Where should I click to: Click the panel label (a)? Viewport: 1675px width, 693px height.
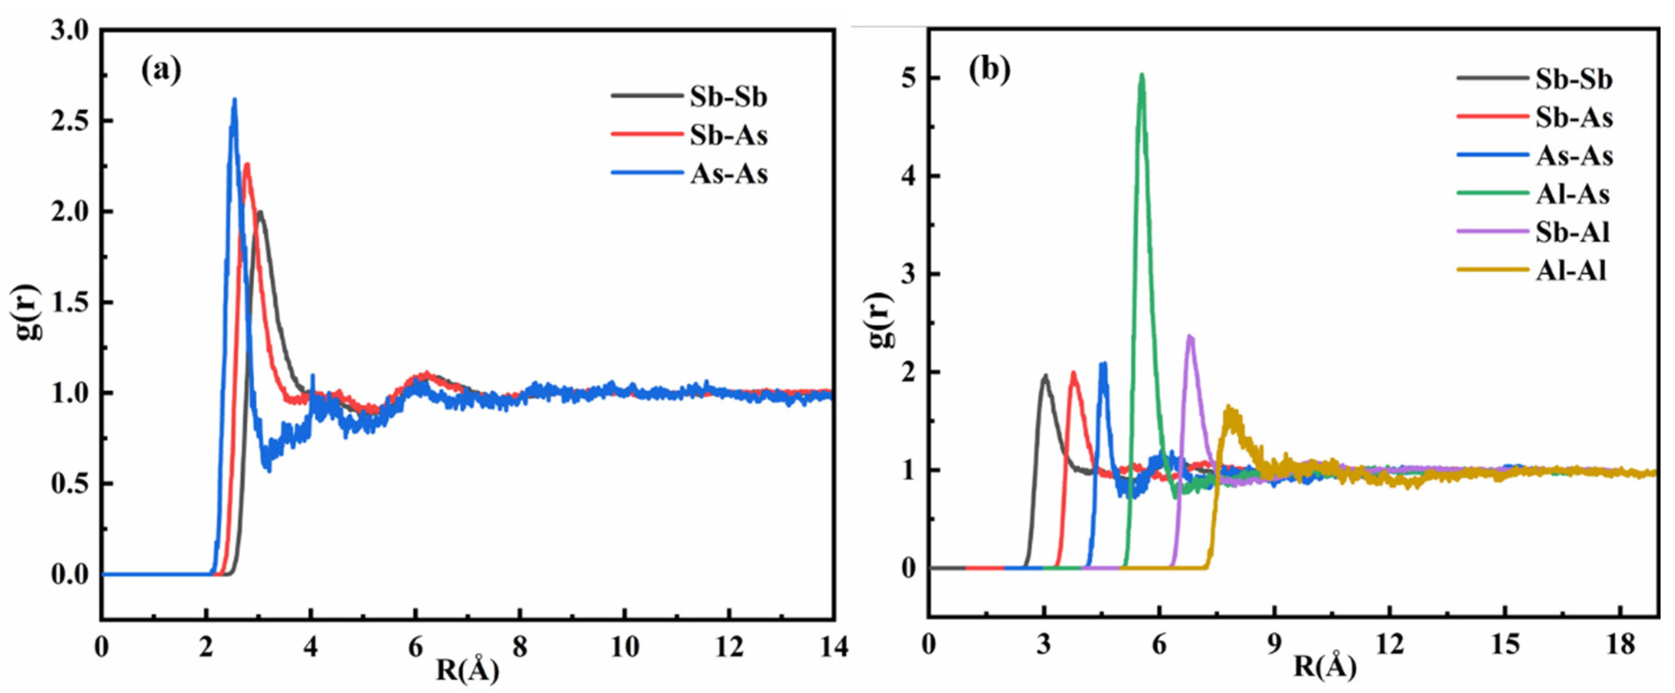pos(161,70)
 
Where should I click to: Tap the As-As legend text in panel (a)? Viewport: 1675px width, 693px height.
pos(728,174)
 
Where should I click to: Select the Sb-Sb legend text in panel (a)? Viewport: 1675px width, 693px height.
pos(728,97)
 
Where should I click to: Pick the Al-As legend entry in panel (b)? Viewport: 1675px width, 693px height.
pos(1572,194)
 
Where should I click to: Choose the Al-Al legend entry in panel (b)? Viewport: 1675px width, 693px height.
pos(1571,271)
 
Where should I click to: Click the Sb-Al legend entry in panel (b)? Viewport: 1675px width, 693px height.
pos(1572,233)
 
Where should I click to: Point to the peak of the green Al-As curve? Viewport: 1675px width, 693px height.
pos(1142,75)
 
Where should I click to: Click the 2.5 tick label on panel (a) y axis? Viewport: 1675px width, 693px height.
pos(70,121)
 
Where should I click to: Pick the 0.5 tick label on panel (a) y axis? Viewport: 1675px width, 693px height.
pos(70,484)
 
